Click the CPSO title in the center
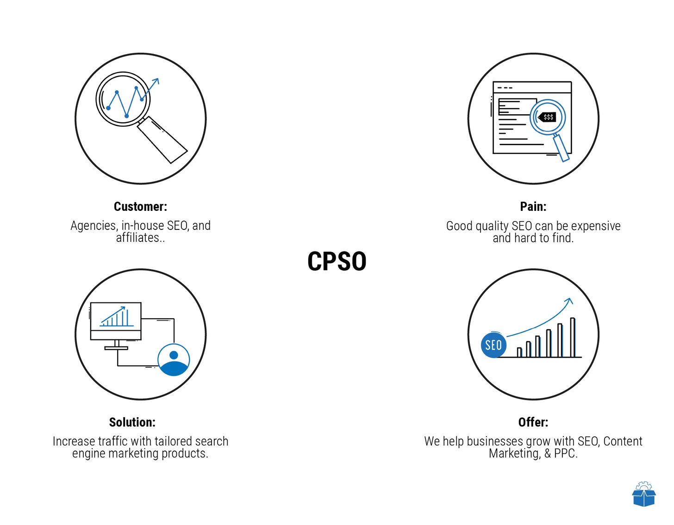click(x=337, y=261)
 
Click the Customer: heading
click(x=141, y=206)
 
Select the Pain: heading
click(x=533, y=206)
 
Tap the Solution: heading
click(x=132, y=422)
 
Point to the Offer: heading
click(x=533, y=422)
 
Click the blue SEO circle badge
click(x=493, y=345)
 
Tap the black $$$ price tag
click(x=547, y=117)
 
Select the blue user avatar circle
click(x=174, y=359)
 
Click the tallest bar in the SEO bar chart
click(x=573, y=338)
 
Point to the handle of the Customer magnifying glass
click(x=162, y=140)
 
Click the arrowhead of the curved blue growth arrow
click(x=569, y=301)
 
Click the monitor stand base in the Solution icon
click(x=116, y=348)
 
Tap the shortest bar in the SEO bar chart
click(x=519, y=352)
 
